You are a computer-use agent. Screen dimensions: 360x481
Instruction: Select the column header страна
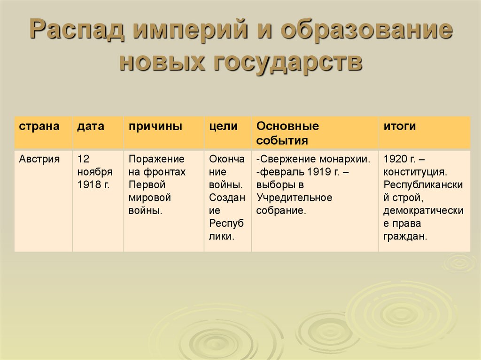tap(39, 127)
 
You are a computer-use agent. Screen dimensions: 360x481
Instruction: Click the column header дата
tap(91, 127)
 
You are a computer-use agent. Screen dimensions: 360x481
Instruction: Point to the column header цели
tap(224, 127)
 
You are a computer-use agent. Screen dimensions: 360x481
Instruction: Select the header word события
tap(282, 140)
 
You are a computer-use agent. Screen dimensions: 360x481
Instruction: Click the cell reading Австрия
tap(39, 159)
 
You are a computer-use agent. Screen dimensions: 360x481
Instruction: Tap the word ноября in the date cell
tap(95, 172)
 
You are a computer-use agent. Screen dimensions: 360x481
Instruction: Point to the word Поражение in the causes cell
tap(156, 159)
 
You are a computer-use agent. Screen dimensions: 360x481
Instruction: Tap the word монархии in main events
tap(345, 159)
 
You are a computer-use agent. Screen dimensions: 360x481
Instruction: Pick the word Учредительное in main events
tap(294, 197)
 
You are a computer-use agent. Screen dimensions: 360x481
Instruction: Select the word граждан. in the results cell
tap(405, 236)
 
